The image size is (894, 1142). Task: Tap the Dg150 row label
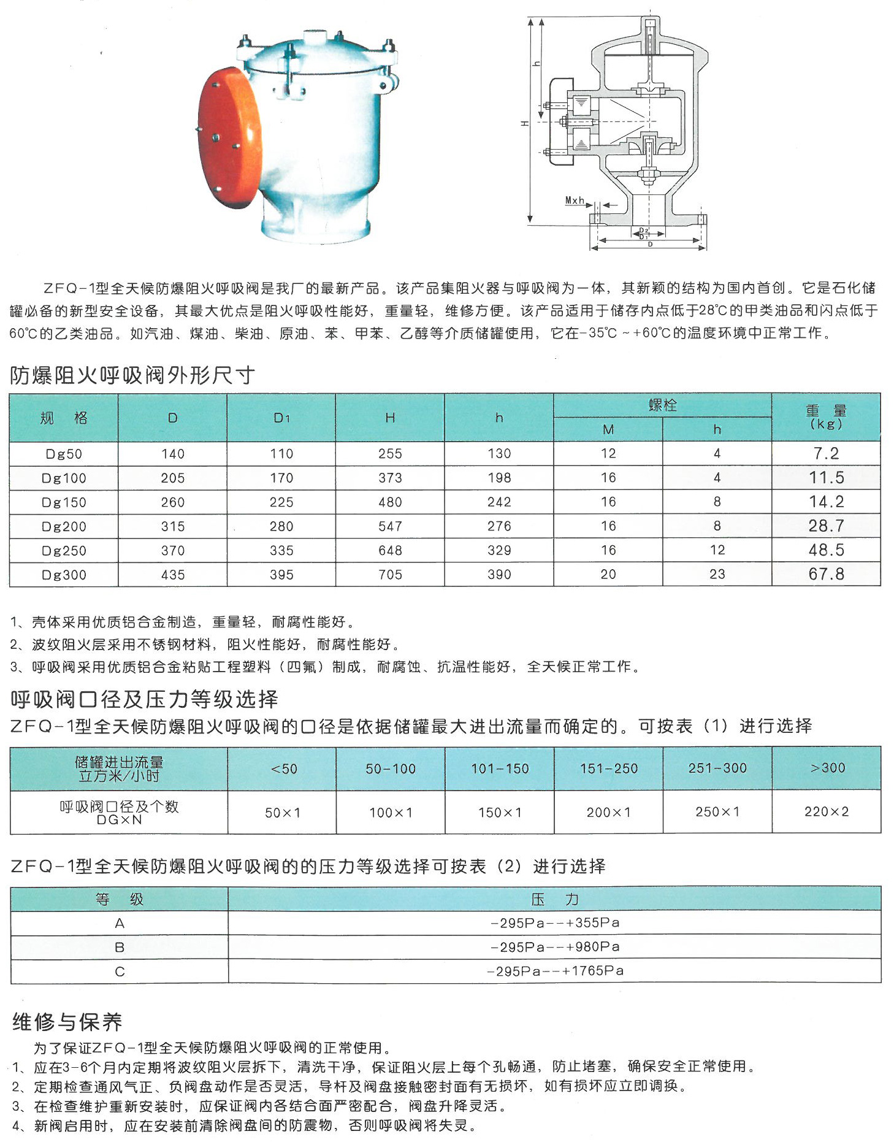64,502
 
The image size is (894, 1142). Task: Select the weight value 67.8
826,574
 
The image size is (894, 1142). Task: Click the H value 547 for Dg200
390,526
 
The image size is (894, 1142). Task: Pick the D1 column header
281,418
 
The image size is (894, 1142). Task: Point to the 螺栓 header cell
662,405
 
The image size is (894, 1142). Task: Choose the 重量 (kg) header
826,416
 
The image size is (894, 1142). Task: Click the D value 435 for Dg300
173,575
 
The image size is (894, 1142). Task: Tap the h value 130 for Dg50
499,453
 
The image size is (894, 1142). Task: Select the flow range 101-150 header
500,768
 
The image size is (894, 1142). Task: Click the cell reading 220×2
827,811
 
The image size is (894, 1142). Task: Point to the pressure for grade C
555,971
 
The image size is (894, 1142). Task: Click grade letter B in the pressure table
120,947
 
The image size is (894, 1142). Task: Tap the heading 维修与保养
67,1022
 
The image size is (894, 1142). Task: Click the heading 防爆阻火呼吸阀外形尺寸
132,375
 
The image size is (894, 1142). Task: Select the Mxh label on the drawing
575,201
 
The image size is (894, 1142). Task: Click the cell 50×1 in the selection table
283,812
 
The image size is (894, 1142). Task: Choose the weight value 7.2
826,453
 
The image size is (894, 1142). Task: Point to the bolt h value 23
717,574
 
